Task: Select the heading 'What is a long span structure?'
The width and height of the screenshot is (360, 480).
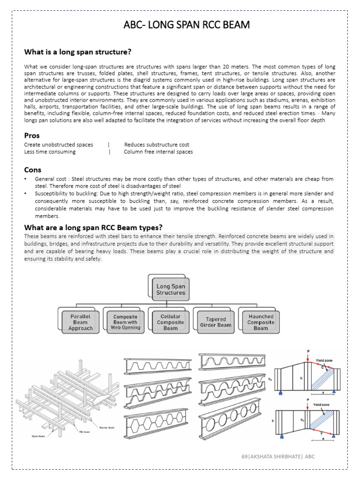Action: pyautogui.click(x=78, y=52)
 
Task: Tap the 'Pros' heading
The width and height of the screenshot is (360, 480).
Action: pyautogui.click(x=32, y=136)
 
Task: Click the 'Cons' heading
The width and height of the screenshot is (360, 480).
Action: pyautogui.click(x=33, y=170)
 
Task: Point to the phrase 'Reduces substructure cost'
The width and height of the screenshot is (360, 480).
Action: pyautogui.click(x=157, y=145)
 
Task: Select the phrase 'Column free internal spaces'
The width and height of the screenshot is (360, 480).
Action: pyautogui.click(x=158, y=152)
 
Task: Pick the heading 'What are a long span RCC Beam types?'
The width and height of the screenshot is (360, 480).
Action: pyautogui.click(x=93, y=227)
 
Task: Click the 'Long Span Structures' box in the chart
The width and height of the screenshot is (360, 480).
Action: pyautogui.click(x=171, y=289)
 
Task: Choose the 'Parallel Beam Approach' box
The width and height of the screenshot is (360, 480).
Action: pyautogui.click(x=81, y=322)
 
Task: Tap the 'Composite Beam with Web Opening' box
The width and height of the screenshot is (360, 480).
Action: pyautogui.click(x=126, y=322)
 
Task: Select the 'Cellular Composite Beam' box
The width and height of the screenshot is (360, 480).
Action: pyautogui.click(x=170, y=322)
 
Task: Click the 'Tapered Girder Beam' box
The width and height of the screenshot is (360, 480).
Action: pyautogui.click(x=215, y=322)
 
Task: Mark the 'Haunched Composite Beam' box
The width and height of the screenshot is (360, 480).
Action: pyautogui.click(x=261, y=322)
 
